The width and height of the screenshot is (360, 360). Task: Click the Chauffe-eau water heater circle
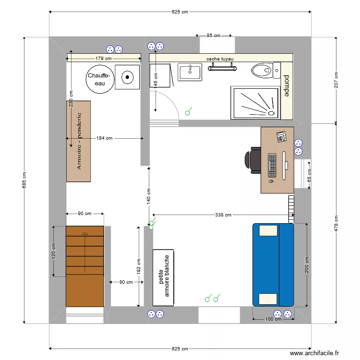100,80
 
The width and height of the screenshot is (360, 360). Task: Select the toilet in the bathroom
264,70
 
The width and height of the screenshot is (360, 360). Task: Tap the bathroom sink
191,72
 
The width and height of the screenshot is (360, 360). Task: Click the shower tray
255,102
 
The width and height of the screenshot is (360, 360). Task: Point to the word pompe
287,86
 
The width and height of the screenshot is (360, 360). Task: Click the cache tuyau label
220,59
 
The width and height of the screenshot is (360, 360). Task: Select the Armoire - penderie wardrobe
78,141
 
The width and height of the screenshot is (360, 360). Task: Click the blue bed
273,264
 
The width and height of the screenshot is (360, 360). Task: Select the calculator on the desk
281,136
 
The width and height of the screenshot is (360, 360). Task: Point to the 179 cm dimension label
103,59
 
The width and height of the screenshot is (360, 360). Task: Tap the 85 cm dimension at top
213,36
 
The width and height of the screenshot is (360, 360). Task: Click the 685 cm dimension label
24,180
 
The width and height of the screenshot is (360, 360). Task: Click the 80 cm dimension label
126,282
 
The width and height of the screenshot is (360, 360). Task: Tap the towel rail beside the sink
223,68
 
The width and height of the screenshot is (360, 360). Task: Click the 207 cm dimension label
336,80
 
